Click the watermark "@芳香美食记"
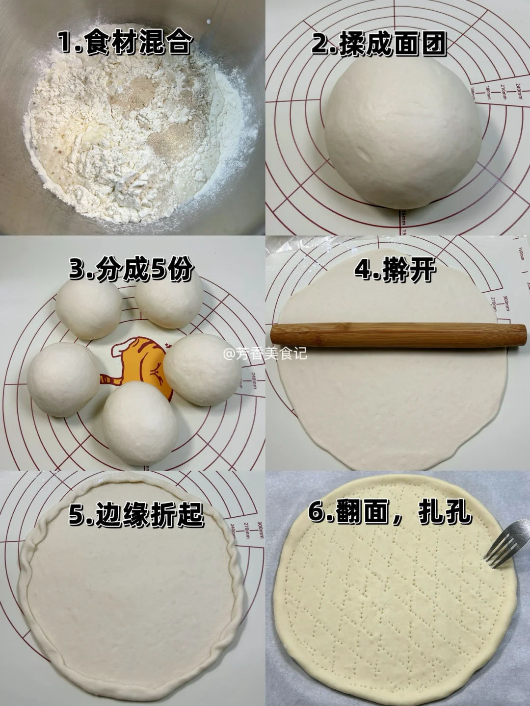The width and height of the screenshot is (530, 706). tap(265, 354)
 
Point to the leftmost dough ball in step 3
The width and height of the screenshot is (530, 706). tap(63, 379)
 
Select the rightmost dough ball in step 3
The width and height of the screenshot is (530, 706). tap(202, 370)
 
